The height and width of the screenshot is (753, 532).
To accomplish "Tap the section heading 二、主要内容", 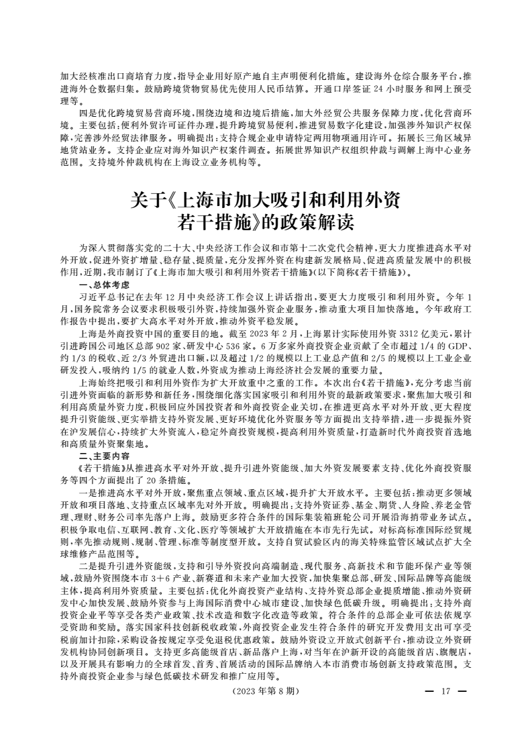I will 101,454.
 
